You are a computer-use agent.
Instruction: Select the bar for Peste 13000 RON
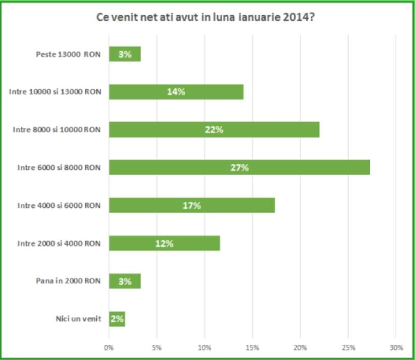pyautogui.click(x=125, y=54)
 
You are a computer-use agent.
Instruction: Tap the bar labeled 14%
pyautogui.click(x=176, y=92)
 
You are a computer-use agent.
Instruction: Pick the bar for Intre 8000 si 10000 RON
pyautogui.click(x=214, y=129)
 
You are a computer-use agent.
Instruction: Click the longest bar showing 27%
pyautogui.click(x=239, y=167)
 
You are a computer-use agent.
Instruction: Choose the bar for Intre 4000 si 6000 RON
pyautogui.click(x=192, y=205)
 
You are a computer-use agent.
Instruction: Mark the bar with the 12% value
pyautogui.click(x=164, y=243)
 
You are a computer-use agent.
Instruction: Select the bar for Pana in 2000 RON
pyautogui.click(x=125, y=281)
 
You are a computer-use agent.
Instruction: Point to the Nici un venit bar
pyautogui.click(x=117, y=319)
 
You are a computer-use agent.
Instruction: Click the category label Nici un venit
pyautogui.click(x=78, y=319)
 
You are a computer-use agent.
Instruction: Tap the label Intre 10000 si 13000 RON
pyautogui.click(x=55, y=92)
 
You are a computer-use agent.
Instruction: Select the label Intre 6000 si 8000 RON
pyautogui.click(x=59, y=167)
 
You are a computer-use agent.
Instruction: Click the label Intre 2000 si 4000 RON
pyautogui.click(x=59, y=243)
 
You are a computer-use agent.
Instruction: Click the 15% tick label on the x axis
pyautogui.click(x=253, y=348)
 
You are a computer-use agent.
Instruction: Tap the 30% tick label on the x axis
pyautogui.click(x=396, y=348)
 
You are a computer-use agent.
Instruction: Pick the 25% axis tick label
pyautogui.click(x=348, y=348)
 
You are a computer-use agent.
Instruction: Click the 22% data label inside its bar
pyautogui.click(x=214, y=130)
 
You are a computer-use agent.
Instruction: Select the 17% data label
pyautogui.click(x=192, y=206)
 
